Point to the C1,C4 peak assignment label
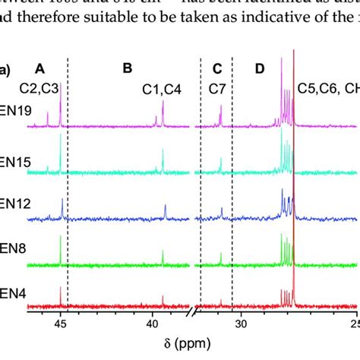point(163,88)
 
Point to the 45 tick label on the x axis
point(61,324)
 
